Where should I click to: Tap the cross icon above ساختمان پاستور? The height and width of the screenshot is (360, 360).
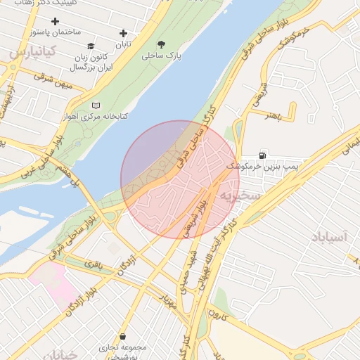point(55,21)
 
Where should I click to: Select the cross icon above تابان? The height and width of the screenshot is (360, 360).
point(124,33)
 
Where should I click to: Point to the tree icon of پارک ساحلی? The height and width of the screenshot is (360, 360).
point(162,44)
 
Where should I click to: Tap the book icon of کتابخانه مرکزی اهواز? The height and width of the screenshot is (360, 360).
point(96,105)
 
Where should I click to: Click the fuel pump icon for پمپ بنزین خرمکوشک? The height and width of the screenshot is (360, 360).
point(263,155)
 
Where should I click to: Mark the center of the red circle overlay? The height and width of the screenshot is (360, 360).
point(180,180)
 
